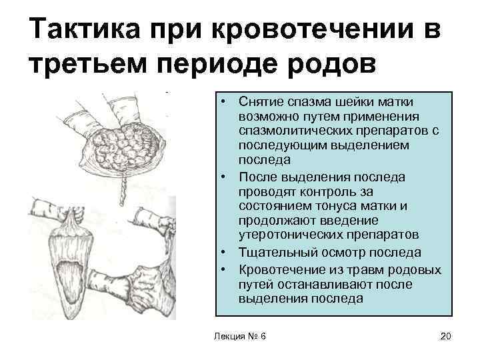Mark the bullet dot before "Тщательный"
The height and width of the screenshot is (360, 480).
click(x=227, y=253)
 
